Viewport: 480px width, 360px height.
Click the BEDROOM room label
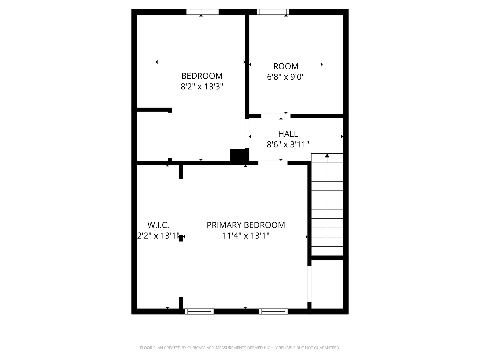pyautogui.click(x=202, y=76)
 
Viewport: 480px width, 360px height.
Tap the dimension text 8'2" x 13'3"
pyautogui.click(x=202, y=87)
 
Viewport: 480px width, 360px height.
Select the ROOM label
pyautogui.click(x=286, y=66)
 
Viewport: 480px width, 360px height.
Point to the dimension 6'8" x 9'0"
pyautogui.click(x=286, y=77)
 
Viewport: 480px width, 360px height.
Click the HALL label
pyautogui.click(x=288, y=134)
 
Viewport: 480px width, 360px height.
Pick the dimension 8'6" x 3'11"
pyautogui.click(x=288, y=145)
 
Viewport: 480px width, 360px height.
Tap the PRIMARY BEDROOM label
pyautogui.click(x=246, y=225)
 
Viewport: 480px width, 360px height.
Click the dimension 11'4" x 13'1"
pyautogui.click(x=246, y=236)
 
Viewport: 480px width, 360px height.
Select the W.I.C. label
pyautogui.click(x=158, y=225)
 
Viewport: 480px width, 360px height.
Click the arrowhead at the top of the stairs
pyautogui.click(x=327, y=155)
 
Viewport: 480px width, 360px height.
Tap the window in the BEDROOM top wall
pyautogui.click(x=202, y=12)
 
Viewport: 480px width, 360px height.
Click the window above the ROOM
pyautogui.click(x=273, y=12)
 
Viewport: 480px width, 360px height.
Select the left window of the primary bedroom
pyautogui.click(x=199, y=311)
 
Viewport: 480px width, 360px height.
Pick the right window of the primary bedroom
pyautogui.click(x=273, y=311)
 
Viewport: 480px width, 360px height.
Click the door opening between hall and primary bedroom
pyautogui.click(x=273, y=163)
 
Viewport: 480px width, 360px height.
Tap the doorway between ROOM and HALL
pyautogui.click(x=276, y=116)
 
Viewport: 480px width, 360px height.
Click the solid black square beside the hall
pyautogui.click(x=239, y=155)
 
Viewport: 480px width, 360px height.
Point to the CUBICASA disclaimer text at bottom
pyautogui.click(x=240, y=348)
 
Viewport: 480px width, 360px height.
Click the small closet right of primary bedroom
pyautogui.click(x=327, y=284)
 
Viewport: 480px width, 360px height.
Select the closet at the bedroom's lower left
pyautogui.click(x=152, y=136)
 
